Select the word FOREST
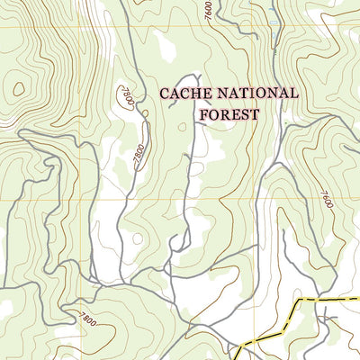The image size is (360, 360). pos(229,114)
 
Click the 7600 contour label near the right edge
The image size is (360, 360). pos(325,197)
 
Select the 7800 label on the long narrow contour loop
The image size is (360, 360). pos(138,155)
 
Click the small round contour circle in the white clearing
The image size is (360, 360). pos(136,239)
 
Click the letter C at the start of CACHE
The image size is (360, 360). pos(165,93)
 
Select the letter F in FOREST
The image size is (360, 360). pos(203,114)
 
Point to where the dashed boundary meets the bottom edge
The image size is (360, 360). pos(236,357)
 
